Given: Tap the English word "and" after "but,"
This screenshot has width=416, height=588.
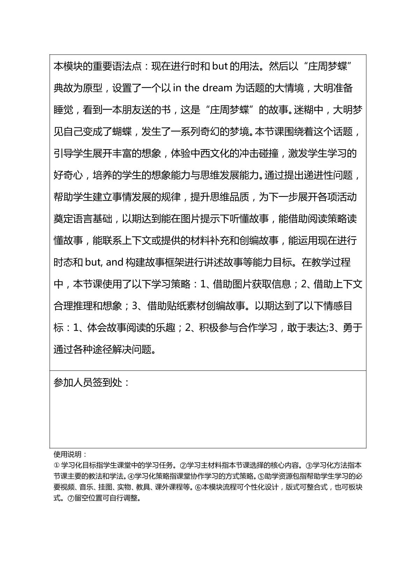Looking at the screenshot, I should click(114, 262).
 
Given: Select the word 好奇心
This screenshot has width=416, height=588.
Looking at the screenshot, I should click(68, 175).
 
